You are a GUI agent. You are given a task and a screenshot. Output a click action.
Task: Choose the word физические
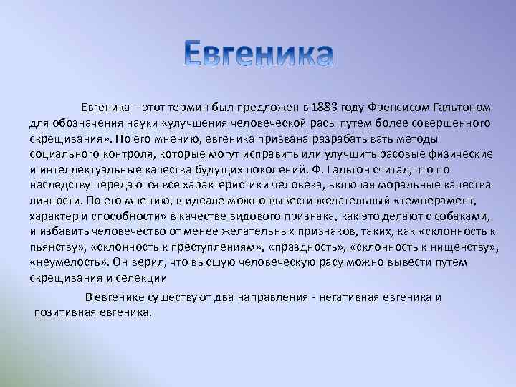[x=463, y=154]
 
